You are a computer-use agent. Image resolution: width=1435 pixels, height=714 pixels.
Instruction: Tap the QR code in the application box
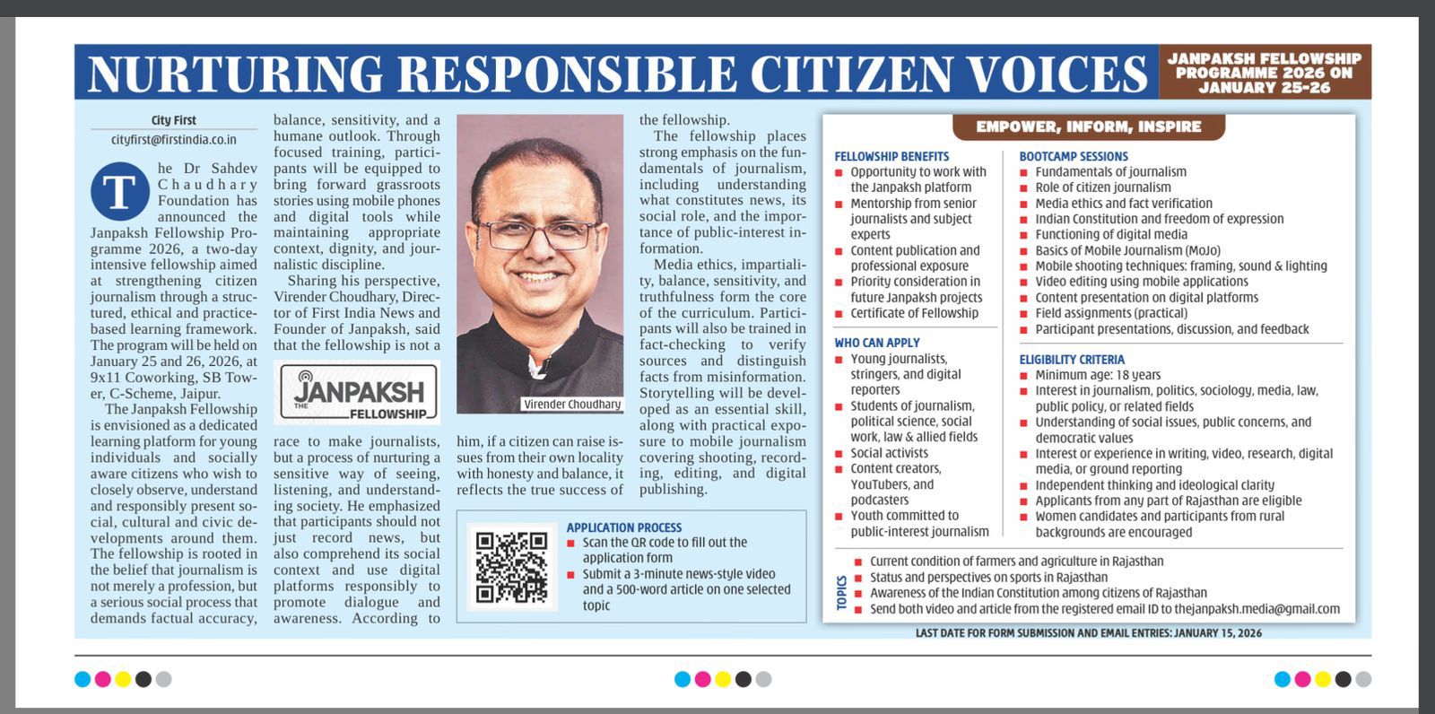[511, 567]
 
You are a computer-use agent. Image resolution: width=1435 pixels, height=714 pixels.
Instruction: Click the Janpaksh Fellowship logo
[357, 392]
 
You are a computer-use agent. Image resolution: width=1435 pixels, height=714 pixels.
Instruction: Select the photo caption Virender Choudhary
[571, 405]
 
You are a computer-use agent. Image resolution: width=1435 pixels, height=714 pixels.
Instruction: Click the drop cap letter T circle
[119, 191]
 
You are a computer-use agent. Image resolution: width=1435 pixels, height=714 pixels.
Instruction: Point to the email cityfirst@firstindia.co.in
[174, 139]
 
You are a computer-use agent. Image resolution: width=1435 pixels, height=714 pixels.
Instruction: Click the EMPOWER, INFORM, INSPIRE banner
[1088, 126]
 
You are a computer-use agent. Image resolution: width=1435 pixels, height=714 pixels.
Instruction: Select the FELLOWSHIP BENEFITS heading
[891, 156]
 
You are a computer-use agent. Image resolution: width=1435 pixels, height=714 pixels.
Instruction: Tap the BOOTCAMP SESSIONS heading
[1074, 156]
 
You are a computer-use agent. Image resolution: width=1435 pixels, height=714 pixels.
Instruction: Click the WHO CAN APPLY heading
[877, 343]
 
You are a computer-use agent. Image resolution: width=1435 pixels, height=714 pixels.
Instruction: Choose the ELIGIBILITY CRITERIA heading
[1072, 359]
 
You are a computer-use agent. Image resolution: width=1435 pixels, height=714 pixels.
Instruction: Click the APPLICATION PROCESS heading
[624, 527]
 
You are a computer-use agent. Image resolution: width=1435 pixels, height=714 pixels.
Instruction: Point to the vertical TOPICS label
[842, 593]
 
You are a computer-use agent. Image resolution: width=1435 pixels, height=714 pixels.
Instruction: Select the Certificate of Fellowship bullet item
[914, 313]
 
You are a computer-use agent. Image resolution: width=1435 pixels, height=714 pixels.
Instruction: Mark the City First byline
[174, 120]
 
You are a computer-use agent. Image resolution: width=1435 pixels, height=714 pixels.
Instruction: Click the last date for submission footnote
[1088, 633]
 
